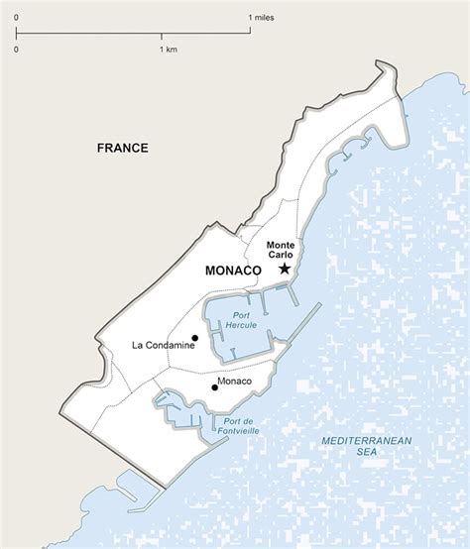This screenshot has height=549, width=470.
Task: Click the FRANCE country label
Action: click(123, 148)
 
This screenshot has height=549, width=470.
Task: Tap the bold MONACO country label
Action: click(232, 271)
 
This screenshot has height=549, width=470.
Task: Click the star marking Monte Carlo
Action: click(285, 269)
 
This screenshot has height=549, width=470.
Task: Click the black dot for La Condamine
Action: click(194, 338)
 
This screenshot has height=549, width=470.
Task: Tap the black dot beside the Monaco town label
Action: click(214, 387)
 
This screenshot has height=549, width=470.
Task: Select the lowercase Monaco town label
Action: click(236, 382)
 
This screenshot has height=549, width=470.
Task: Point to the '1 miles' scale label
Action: click(263, 18)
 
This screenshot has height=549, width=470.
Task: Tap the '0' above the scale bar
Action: click(17, 18)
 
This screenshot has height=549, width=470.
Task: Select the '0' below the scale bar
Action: click(17, 49)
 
